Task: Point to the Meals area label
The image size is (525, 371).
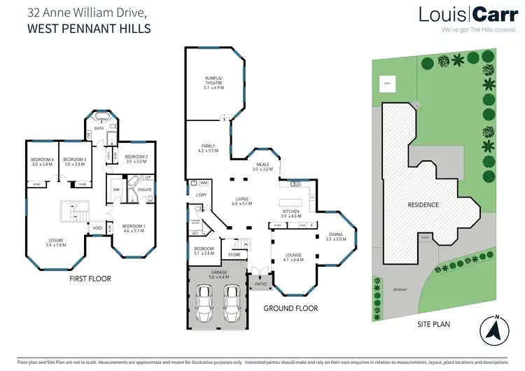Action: (x=262, y=166)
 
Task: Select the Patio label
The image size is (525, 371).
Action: (x=260, y=284)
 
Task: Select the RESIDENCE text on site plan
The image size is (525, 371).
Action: (x=423, y=205)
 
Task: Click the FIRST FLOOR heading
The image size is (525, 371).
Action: (x=89, y=279)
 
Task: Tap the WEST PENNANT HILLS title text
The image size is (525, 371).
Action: (x=88, y=29)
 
